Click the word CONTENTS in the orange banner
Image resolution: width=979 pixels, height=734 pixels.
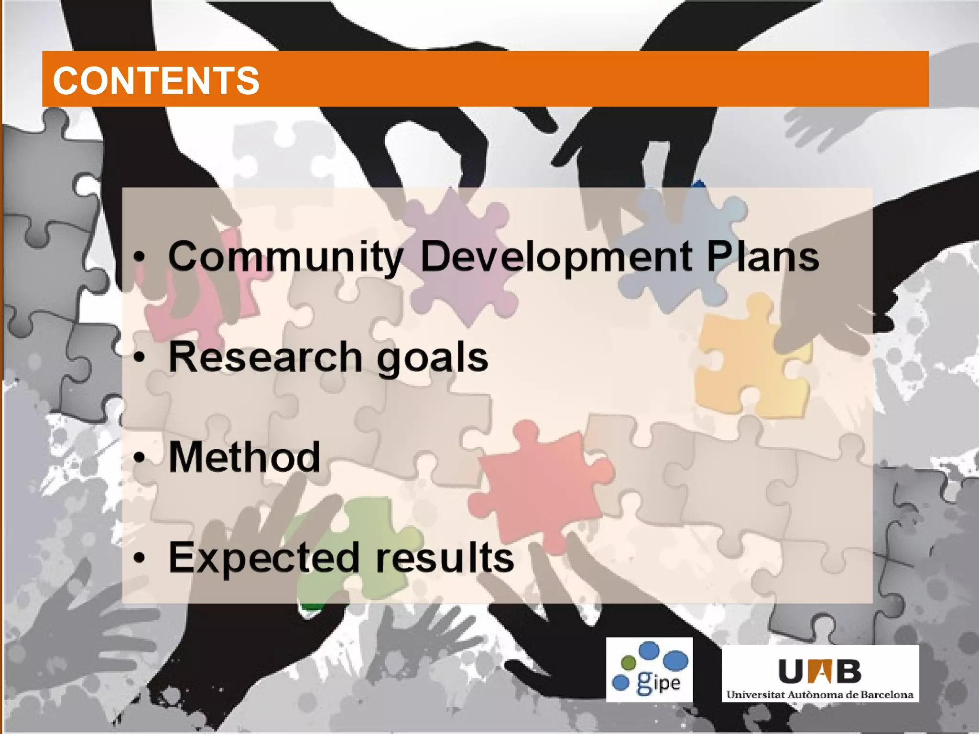coord(156,80)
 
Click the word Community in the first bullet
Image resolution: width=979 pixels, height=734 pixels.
coord(286,257)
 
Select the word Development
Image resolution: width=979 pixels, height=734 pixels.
coord(556,257)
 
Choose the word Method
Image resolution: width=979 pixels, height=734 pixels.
coord(244,457)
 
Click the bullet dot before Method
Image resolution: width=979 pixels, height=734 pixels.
coord(139,458)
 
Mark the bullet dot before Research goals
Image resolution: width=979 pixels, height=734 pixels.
coord(139,357)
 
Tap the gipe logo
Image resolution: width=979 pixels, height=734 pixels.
coord(649,669)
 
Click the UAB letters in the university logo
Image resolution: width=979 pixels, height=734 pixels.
coord(819,671)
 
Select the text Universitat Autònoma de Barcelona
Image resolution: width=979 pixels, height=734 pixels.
coord(819,694)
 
